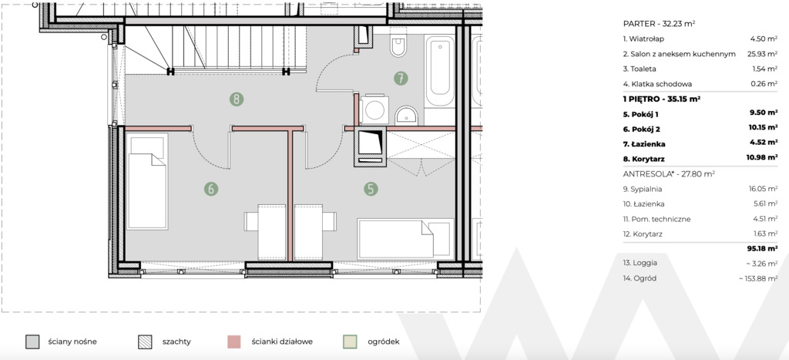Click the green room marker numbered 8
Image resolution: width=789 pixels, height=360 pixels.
pos(237,99)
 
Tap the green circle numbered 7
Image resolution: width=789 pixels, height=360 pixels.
pos(401,78)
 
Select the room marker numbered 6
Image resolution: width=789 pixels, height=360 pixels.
pos(211,189)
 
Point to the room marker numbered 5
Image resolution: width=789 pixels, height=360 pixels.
pos(371,189)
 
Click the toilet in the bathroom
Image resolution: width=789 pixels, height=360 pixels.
pos(398,43)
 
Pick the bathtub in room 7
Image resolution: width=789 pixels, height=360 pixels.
pos(440,70)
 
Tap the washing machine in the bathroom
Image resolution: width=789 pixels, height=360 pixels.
pos(373,108)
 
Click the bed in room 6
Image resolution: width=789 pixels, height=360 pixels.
pos(147,182)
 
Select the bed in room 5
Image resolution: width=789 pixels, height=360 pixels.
pos(405,239)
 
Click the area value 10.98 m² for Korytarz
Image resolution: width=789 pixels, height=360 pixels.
pos(762,158)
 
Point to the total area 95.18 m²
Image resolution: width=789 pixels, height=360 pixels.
pos(762,248)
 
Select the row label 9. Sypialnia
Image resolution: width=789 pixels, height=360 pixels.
pos(642,190)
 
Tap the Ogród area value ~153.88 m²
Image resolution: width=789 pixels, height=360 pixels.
pos(758,278)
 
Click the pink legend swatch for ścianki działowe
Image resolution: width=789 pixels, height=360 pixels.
pos(233,341)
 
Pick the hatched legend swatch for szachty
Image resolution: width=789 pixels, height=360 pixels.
pos(144,341)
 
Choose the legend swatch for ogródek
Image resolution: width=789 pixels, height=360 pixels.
pos(350,341)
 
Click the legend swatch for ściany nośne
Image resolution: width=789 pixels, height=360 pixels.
pos(32,341)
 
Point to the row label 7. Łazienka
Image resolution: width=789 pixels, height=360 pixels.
pos(642,143)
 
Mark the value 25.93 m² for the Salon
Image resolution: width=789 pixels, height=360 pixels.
pos(763,54)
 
